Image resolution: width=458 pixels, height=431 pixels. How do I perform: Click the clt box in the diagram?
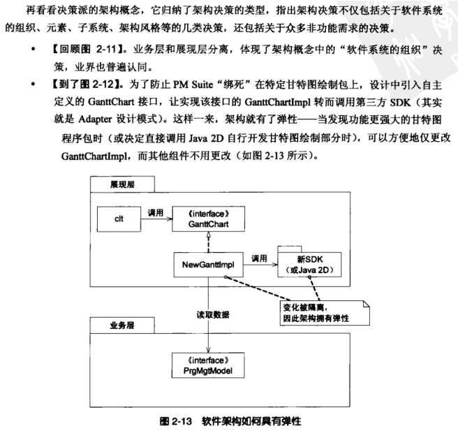tap(119, 219)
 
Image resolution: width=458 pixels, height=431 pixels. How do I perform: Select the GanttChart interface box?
tap(207, 219)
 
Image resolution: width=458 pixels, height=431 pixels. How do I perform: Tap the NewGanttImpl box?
tap(207, 265)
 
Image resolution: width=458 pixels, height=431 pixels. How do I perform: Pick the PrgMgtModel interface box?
tap(207, 367)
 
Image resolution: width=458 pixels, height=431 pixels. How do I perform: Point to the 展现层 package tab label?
tap(123, 184)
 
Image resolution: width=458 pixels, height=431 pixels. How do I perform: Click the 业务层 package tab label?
tap(123, 325)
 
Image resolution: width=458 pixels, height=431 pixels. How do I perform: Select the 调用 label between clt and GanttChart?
tap(156, 212)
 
